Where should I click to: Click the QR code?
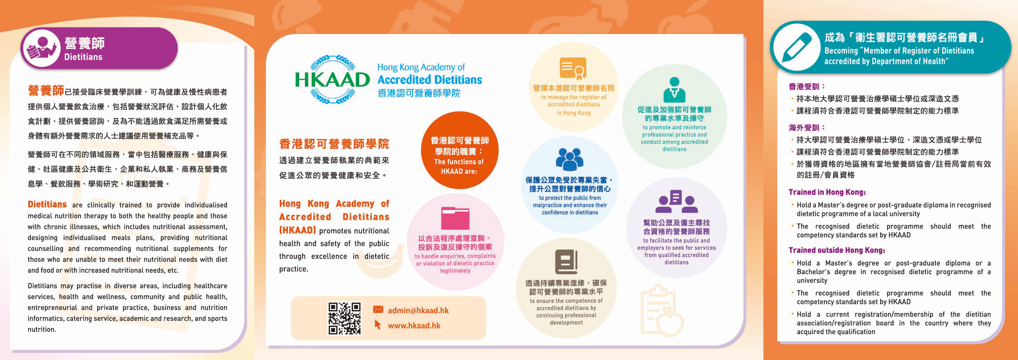[345, 319]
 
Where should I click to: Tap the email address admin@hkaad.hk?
[418, 311]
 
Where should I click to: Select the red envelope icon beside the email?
[378, 309]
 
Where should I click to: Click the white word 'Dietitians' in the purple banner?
[83, 57]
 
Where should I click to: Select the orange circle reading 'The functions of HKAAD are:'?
[459, 150]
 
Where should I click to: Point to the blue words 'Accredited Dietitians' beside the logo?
[430, 80]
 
